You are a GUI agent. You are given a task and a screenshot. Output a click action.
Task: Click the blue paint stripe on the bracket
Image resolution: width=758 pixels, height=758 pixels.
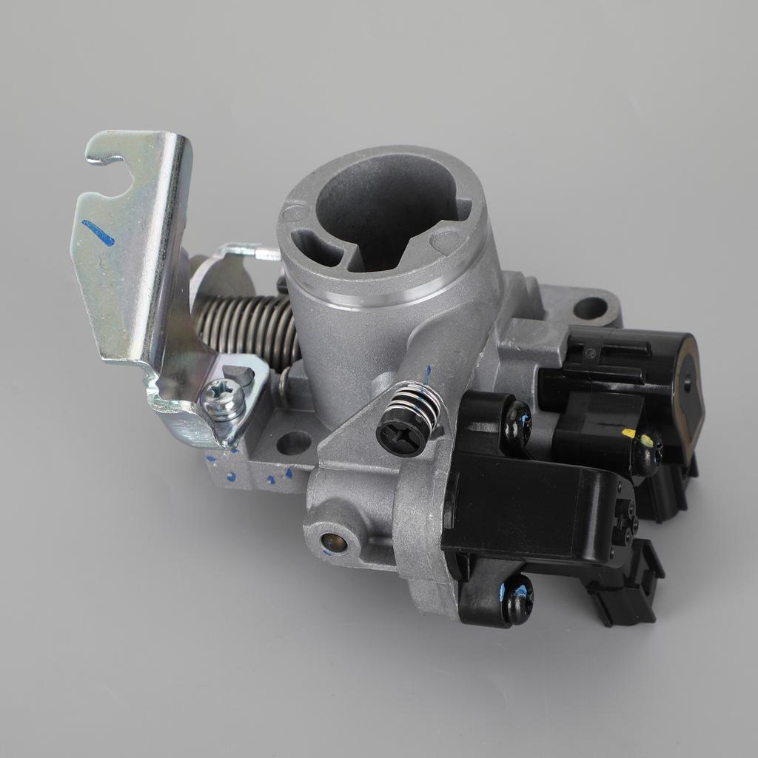tap(98, 232)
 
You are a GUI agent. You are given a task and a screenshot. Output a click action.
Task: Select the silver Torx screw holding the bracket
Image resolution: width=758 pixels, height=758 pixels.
tap(223, 400)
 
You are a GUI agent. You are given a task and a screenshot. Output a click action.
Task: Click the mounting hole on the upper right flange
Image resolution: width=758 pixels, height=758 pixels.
tap(589, 308)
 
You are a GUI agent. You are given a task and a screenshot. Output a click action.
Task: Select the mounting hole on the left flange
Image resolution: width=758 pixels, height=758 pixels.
tap(293, 443)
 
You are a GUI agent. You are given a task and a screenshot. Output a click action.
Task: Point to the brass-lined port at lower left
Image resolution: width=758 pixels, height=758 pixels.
tap(333, 543)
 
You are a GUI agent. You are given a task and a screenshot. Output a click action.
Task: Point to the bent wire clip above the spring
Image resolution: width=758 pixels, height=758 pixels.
tap(244, 254)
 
